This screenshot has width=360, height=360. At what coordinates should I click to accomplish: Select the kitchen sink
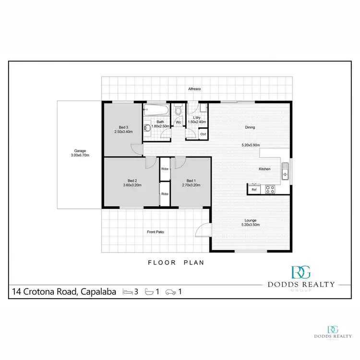point(286,171)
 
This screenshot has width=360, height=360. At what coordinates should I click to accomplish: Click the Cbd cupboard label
point(203,134)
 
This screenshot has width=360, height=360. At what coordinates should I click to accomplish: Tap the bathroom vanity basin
point(148,129)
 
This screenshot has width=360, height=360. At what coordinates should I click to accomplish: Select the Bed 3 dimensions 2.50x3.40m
point(123,132)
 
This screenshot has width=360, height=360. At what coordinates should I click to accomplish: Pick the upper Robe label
point(164,169)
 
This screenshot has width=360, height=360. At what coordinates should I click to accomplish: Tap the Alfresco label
point(194,89)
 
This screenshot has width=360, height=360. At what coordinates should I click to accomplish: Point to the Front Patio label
point(156,232)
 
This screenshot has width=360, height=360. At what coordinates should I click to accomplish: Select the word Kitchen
point(264,169)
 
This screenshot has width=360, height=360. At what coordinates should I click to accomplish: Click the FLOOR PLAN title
point(176,263)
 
